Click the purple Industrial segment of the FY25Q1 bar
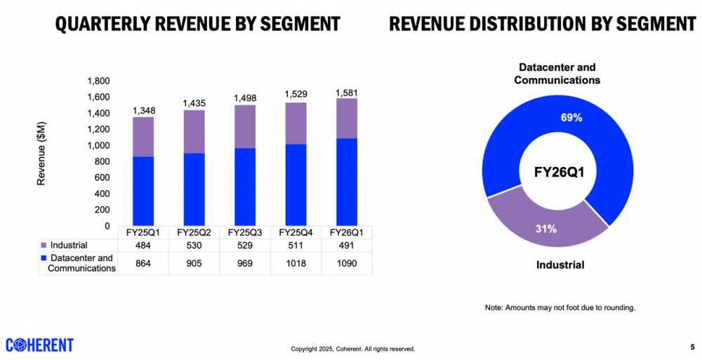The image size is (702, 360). [143, 136]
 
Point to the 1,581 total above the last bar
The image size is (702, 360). [346, 92]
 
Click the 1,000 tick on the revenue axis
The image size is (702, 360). [98, 145]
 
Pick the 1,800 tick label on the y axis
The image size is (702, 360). [98, 81]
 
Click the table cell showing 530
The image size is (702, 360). [194, 246]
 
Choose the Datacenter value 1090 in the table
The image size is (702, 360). [347, 262]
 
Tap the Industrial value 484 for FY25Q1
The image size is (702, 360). [143, 246]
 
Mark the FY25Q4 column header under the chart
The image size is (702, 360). [296, 232]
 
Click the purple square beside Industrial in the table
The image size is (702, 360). [44, 246]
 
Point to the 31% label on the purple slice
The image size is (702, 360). [545, 228]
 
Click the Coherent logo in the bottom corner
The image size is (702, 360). [39, 345]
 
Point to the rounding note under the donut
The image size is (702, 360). [559, 308]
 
